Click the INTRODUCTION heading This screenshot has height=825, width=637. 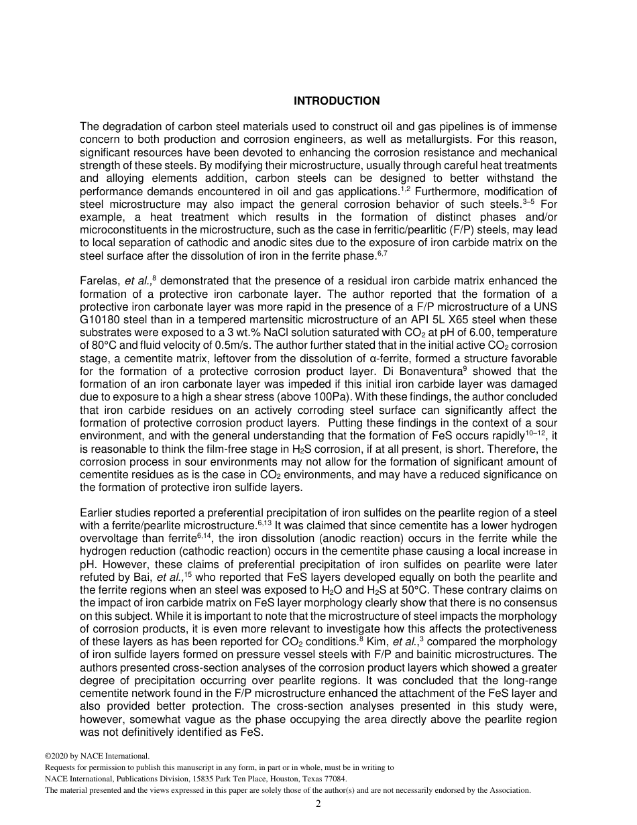tap(337, 101)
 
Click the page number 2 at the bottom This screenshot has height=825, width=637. tap(318, 804)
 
